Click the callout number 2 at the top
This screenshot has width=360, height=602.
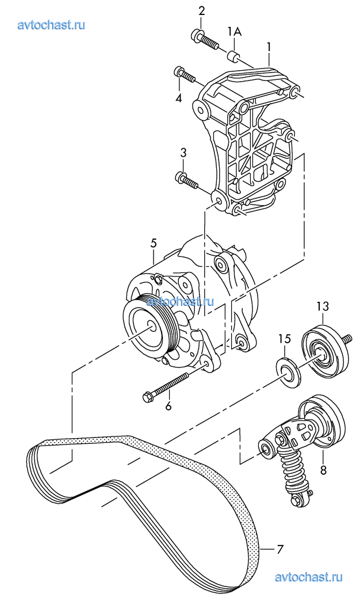(x=201, y=11)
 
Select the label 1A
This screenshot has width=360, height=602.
(x=234, y=32)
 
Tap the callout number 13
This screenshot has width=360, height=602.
(x=323, y=306)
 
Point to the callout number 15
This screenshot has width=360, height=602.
(x=285, y=339)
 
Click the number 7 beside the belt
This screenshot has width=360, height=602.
(x=280, y=550)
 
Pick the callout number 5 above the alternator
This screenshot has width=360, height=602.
(x=154, y=243)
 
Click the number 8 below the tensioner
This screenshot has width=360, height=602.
(x=323, y=470)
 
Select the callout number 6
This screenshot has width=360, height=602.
(x=168, y=405)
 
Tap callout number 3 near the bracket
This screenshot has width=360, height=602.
(x=183, y=152)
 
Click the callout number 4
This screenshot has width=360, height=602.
(x=178, y=98)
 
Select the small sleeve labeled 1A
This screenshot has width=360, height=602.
(x=233, y=56)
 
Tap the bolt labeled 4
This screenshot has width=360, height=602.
(x=185, y=75)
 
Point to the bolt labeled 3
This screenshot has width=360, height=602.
(x=186, y=181)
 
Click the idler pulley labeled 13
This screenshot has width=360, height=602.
(x=324, y=350)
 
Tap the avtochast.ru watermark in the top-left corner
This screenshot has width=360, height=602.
(x=51, y=25)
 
